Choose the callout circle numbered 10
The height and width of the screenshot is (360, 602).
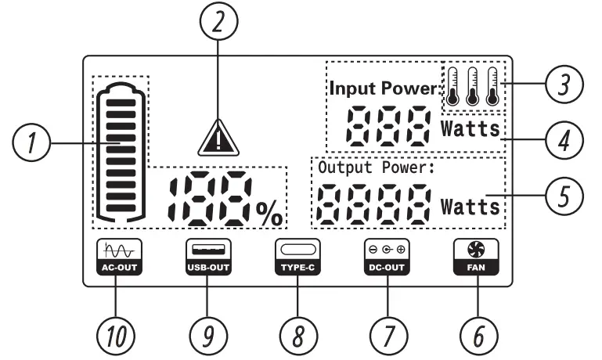pyautogui.click(x=115, y=334)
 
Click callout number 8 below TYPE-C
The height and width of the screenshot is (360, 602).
pyautogui.click(x=297, y=334)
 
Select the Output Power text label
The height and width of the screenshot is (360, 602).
pyautogui.click(x=373, y=167)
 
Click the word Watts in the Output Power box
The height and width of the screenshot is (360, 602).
pyautogui.click(x=470, y=207)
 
